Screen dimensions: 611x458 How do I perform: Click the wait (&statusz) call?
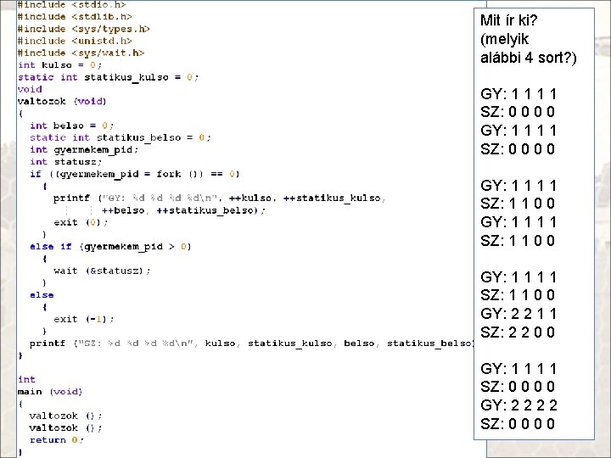pyautogui.click(x=102, y=271)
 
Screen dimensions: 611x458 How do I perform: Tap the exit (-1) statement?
pyautogui.click(x=83, y=319)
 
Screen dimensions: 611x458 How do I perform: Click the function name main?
pyautogui.click(x=30, y=392)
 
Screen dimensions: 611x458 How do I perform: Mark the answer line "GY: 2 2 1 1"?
pyautogui.click(x=518, y=314)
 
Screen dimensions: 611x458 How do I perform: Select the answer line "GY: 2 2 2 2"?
pyautogui.click(x=518, y=405)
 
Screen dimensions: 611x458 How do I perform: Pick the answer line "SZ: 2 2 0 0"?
pyautogui.click(x=518, y=332)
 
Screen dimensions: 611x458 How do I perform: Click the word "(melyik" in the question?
pyautogui.click(x=505, y=40)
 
